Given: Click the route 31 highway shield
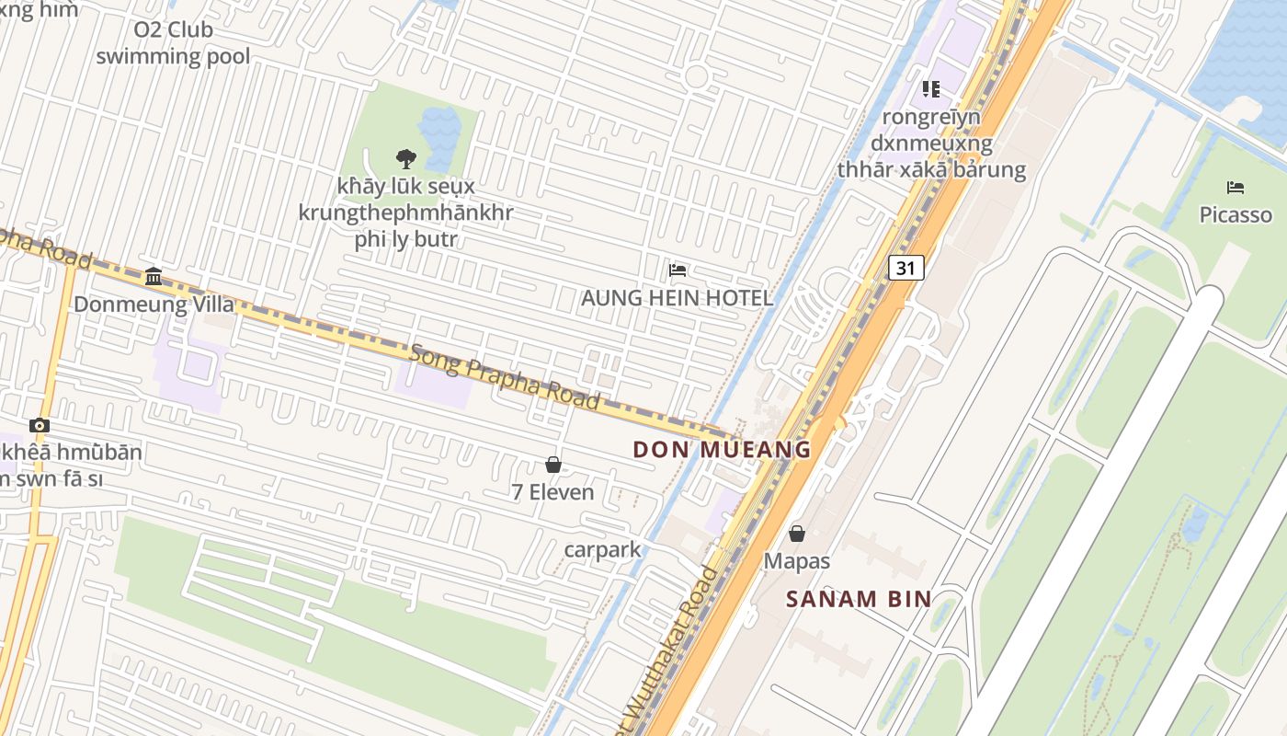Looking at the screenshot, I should click(x=905, y=268).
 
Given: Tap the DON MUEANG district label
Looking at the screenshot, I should click(x=722, y=450).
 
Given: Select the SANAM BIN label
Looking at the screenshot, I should click(x=859, y=599).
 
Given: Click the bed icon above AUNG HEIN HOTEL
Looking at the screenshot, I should click(x=678, y=270).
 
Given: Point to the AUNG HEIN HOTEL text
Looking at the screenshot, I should click(x=677, y=298).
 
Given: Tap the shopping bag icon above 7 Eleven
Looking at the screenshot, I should click(x=553, y=465).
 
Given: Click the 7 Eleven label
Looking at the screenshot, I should click(x=552, y=492).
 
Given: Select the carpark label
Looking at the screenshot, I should click(x=602, y=549).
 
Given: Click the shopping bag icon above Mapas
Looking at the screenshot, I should click(x=797, y=534).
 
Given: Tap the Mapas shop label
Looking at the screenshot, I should click(x=797, y=561).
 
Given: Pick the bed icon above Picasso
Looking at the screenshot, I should click(x=1236, y=188).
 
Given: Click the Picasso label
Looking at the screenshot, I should click(x=1236, y=215).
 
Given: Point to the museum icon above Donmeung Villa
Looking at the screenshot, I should click(x=154, y=276).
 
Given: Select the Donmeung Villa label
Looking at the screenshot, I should click(x=154, y=304).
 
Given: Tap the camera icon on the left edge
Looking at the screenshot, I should click(x=39, y=425).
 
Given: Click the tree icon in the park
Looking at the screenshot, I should click(x=405, y=158).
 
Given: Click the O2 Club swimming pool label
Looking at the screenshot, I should click(x=173, y=42).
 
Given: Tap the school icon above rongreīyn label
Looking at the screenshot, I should click(x=930, y=89).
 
